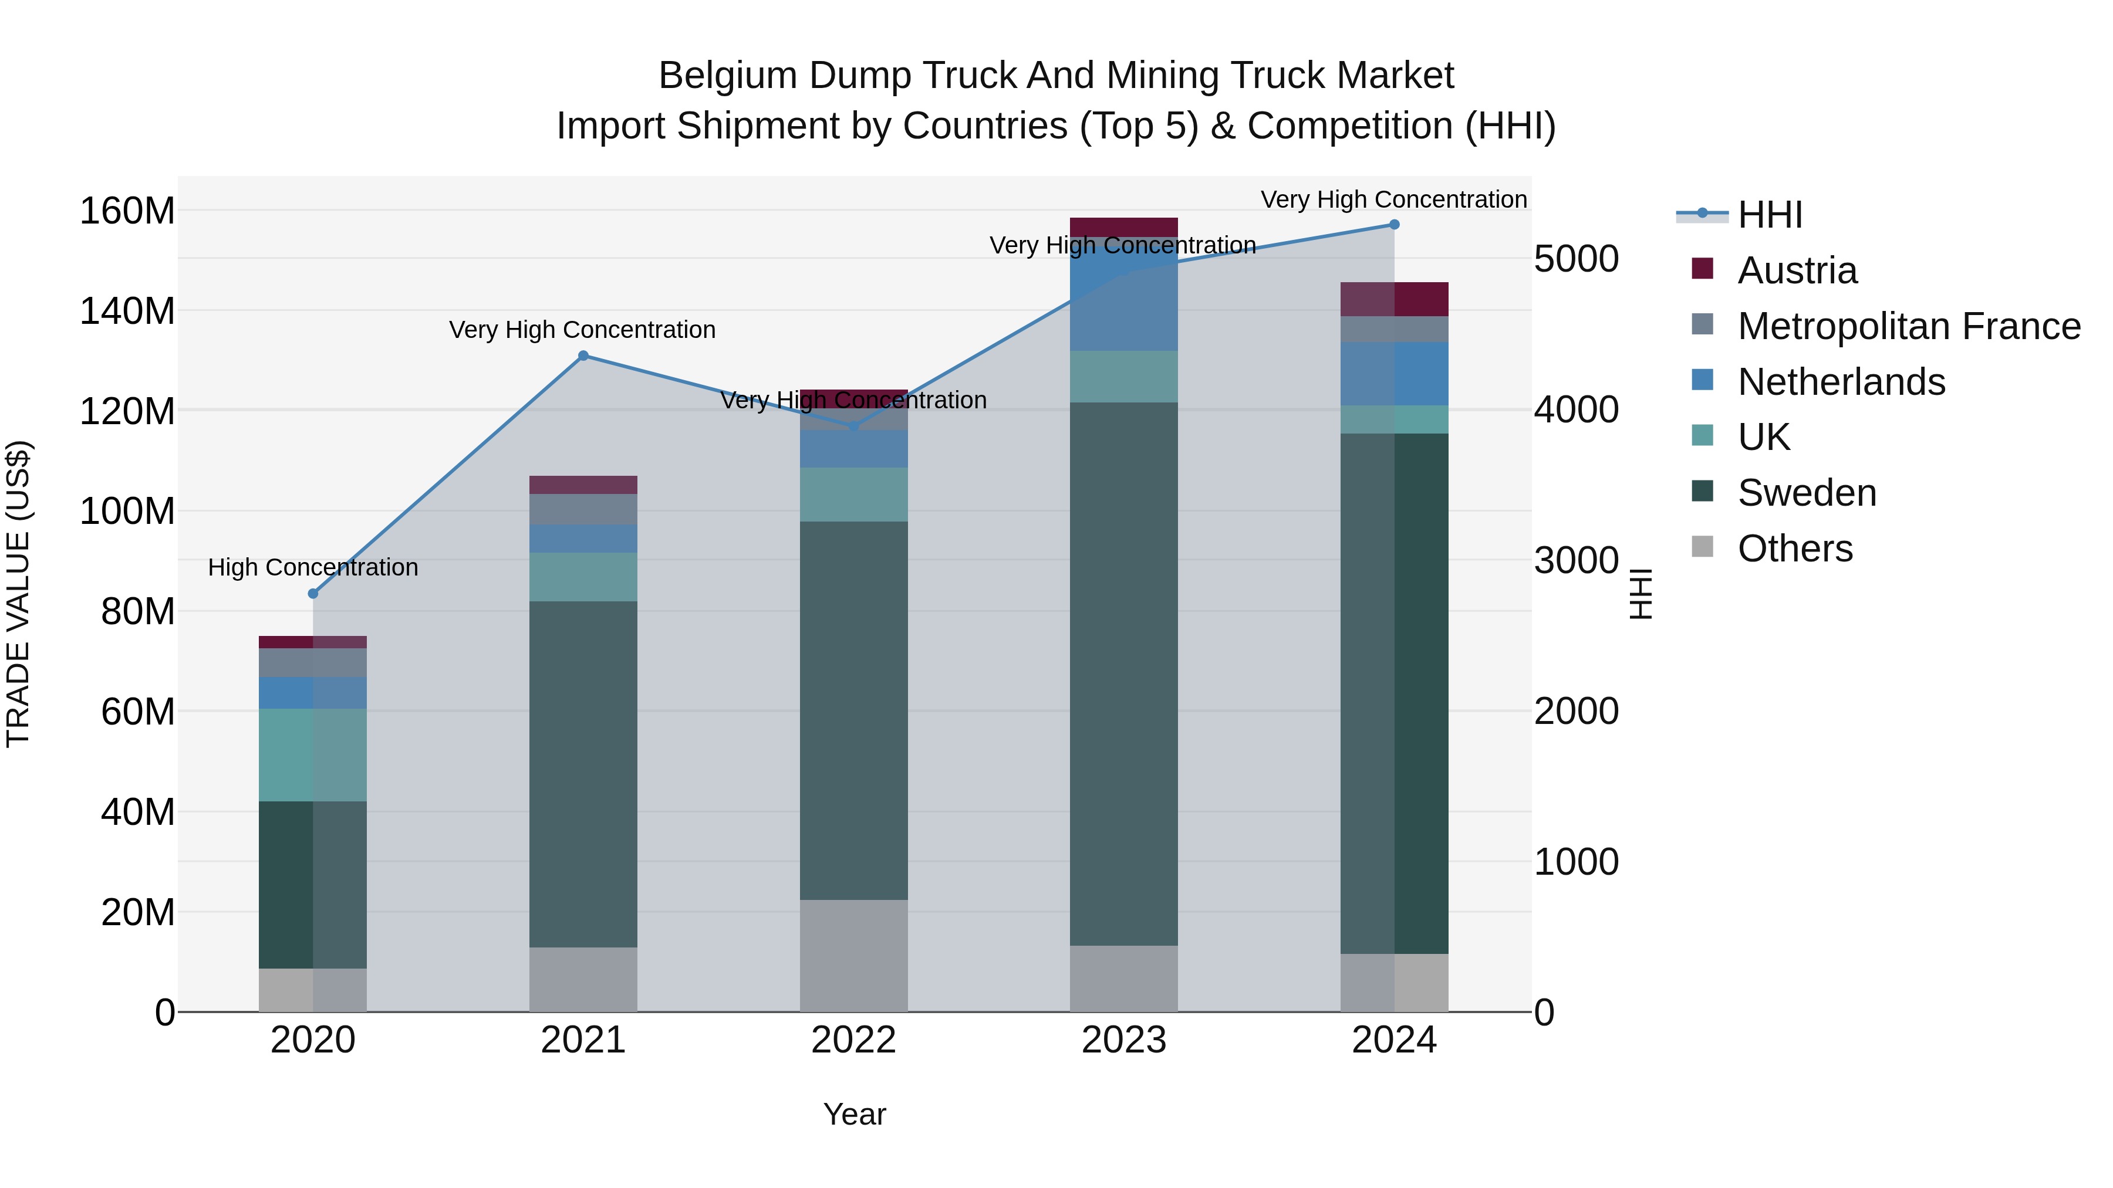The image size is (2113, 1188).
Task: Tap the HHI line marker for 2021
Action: [x=583, y=356]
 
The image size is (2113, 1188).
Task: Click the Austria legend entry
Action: [x=1797, y=270]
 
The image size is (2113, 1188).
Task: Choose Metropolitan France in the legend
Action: [x=1908, y=326]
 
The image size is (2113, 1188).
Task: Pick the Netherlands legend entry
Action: [x=1841, y=382]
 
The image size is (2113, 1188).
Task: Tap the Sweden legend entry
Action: [x=1806, y=493]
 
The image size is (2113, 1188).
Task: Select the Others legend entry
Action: [x=1795, y=549]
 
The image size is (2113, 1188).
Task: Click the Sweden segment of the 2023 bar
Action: [x=1124, y=672]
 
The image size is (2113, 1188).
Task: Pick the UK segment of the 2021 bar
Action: [x=583, y=577]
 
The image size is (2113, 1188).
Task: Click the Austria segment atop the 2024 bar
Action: [x=1395, y=299]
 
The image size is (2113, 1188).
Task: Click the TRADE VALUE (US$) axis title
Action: [x=18, y=594]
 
